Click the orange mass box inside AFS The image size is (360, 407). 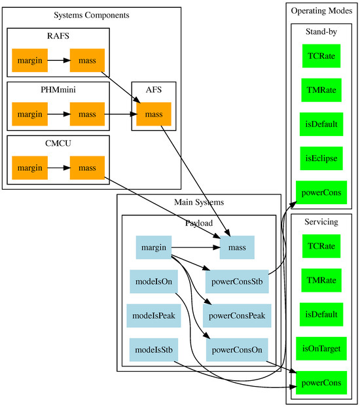point(154,115)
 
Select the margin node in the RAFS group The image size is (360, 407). point(30,61)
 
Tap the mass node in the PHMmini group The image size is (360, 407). point(87,115)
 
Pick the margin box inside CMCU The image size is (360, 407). point(30,168)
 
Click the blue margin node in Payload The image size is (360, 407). point(154,247)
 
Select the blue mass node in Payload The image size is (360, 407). point(237,247)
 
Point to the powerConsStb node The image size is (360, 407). point(237,281)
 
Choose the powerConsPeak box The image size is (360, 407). point(237,315)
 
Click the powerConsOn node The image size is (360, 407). point(237,349)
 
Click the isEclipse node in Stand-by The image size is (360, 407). point(321,158)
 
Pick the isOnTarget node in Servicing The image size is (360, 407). point(321,348)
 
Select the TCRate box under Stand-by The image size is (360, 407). point(321,56)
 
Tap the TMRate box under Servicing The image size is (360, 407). point(321,280)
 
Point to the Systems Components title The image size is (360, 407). point(91,15)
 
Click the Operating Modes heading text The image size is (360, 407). point(321,10)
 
